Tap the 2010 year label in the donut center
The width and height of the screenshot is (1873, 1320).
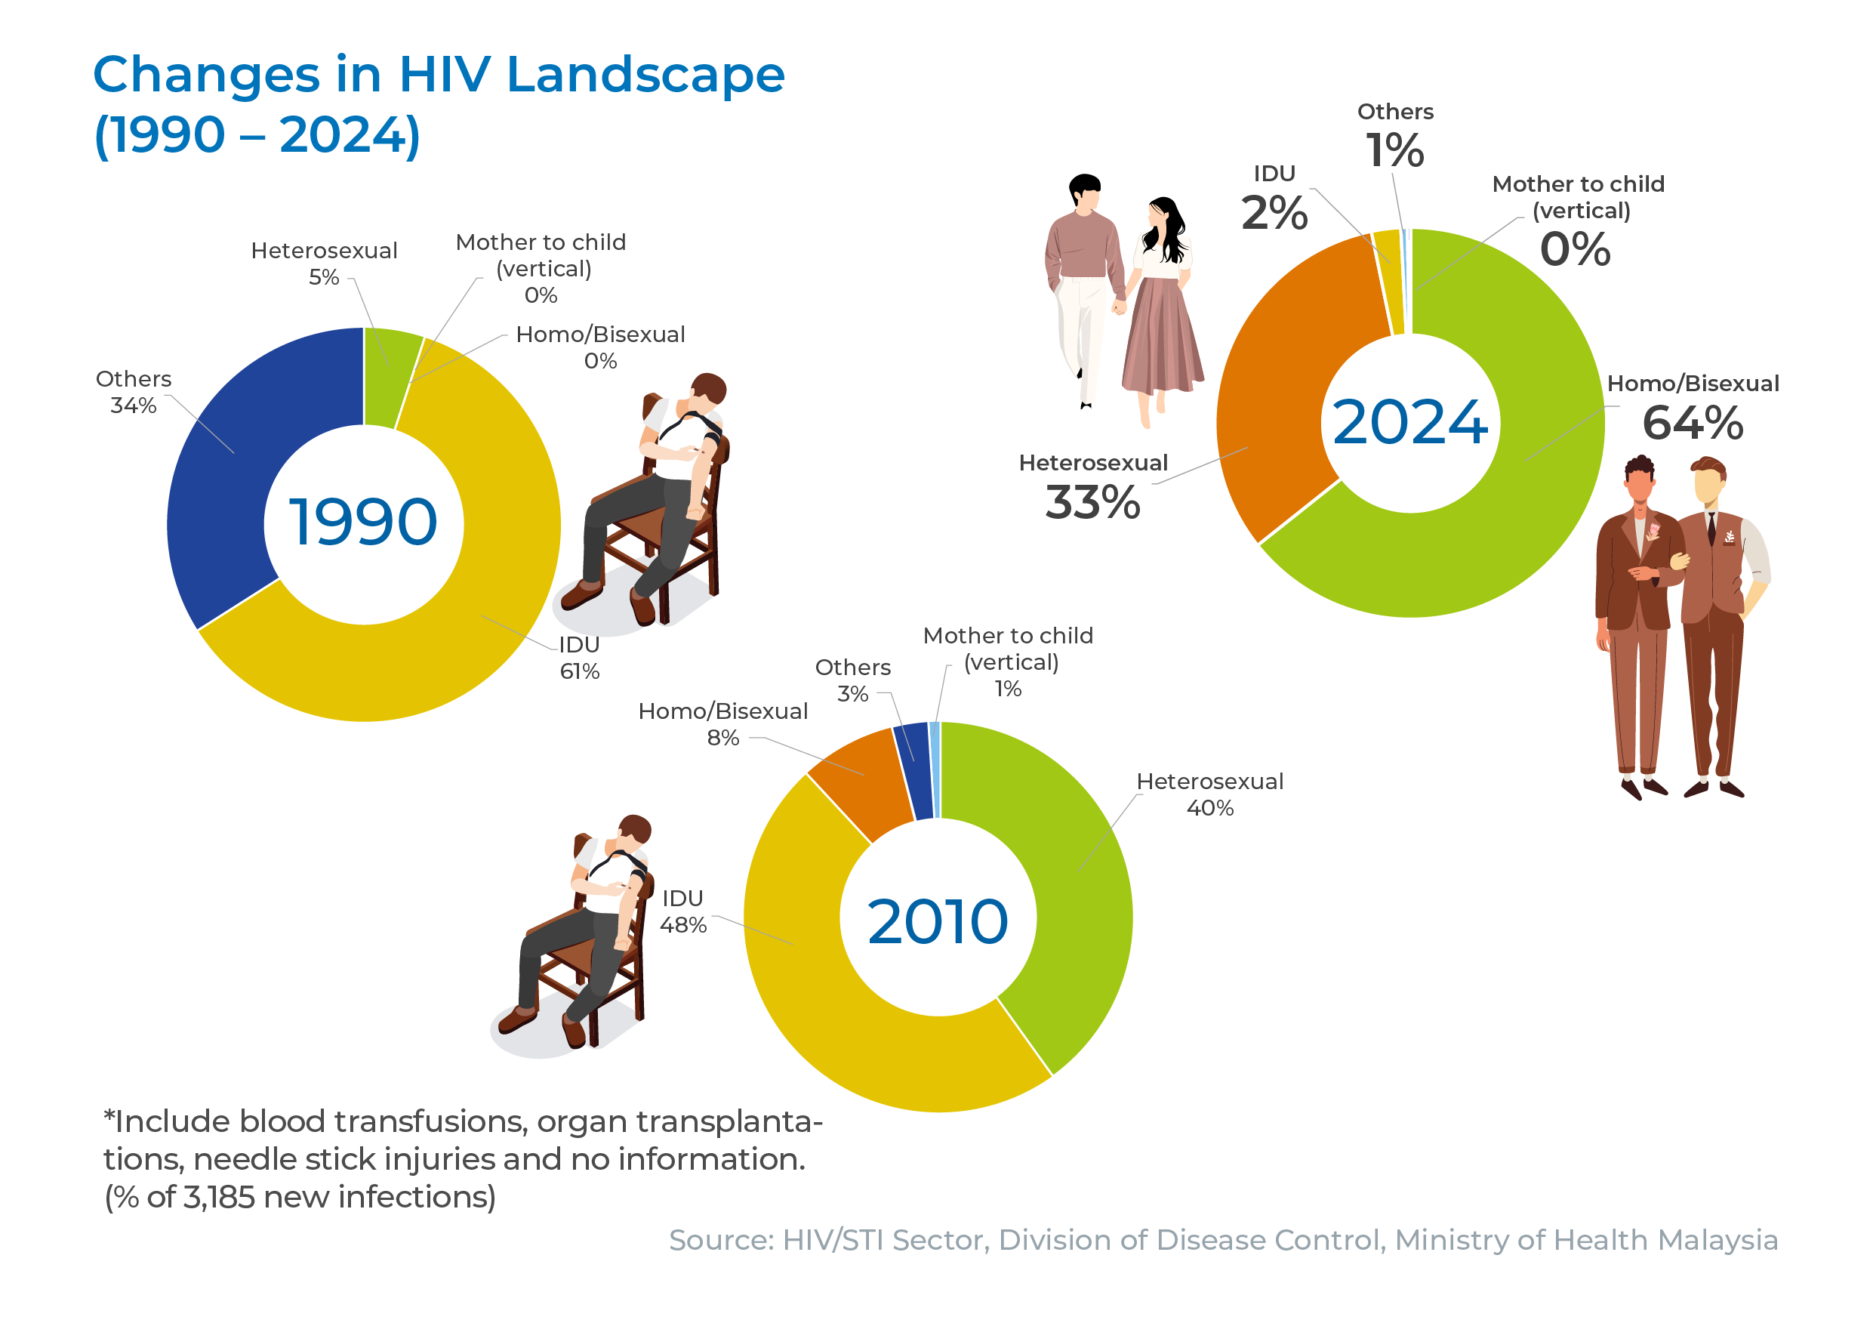pyautogui.click(x=938, y=922)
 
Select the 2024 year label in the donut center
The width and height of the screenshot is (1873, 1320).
pyautogui.click(x=1409, y=423)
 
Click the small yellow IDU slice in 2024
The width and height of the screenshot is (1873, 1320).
pyautogui.click(x=1391, y=282)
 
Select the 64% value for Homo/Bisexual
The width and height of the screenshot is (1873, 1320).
pyautogui.click(x=1693, y=423)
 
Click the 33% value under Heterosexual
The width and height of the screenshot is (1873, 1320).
pyautogui.click(x=1092, y=501)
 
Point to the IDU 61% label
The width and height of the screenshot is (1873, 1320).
pyautogui.click(x=580, y=658)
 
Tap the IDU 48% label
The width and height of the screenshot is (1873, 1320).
pyautogui.click(x=682, y=912)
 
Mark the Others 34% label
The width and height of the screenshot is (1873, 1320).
pyautogui.click(x=134, y=393)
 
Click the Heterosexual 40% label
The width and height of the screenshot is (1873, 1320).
pyautogui.click(x=1209, y=794)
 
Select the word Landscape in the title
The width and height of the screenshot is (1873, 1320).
pyautogui.click(x=645, y=75)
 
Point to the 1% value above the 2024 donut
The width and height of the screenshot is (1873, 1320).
pyautogui.click(x=1395, y=150)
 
